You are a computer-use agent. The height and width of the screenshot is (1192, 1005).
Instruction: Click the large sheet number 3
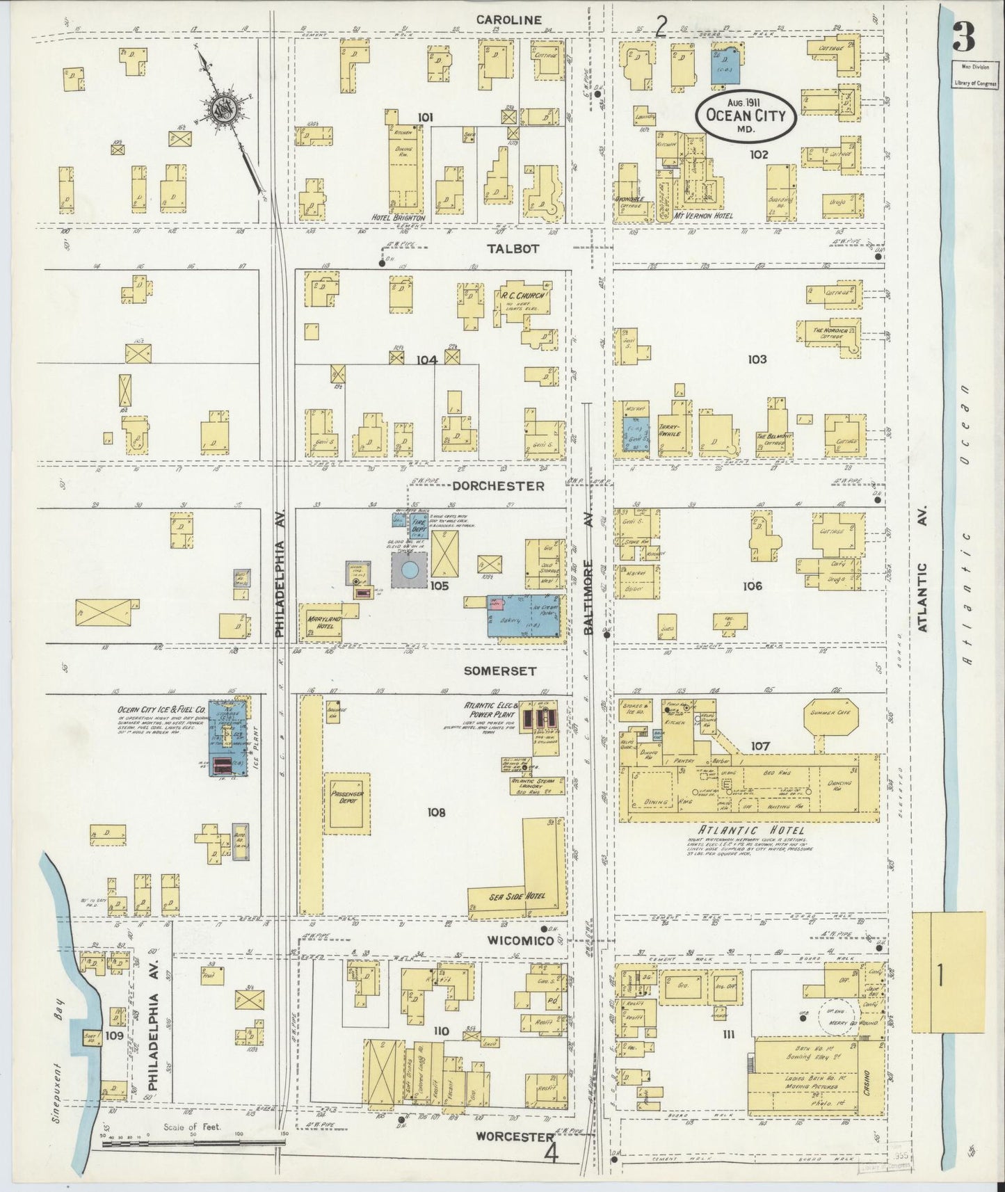[965, 36]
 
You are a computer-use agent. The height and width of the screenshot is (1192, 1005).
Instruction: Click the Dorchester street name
[498, 486]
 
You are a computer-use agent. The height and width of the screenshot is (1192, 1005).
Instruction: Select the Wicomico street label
[520, 940]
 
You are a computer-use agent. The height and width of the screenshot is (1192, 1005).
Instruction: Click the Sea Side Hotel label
[517, 896]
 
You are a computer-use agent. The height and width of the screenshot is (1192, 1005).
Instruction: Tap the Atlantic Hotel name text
[753, 830]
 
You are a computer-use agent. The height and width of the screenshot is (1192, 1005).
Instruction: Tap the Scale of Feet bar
[191, 1143]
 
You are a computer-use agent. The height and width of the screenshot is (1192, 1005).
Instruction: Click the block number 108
[437, 812]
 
